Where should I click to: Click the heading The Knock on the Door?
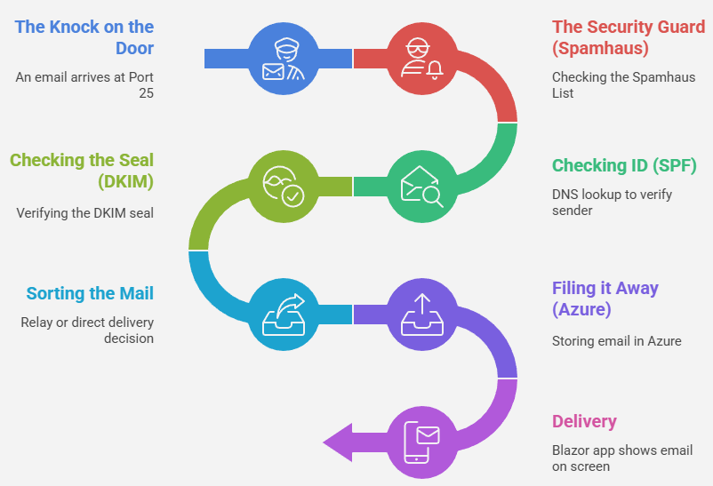coord(84,37)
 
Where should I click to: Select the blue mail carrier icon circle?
coord(284,58)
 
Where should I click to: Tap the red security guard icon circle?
coord(422,58)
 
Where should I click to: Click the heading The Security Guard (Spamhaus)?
coord(628,37)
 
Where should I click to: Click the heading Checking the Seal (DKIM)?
coord(82,171)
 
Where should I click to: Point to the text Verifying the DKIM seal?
coord(84,213)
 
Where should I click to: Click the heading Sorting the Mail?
coord(90,293)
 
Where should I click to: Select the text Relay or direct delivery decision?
coord(87,331)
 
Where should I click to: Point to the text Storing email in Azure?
coord(616,341)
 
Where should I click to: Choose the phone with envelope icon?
coord(422,442)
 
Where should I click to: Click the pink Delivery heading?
coord(584,421)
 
